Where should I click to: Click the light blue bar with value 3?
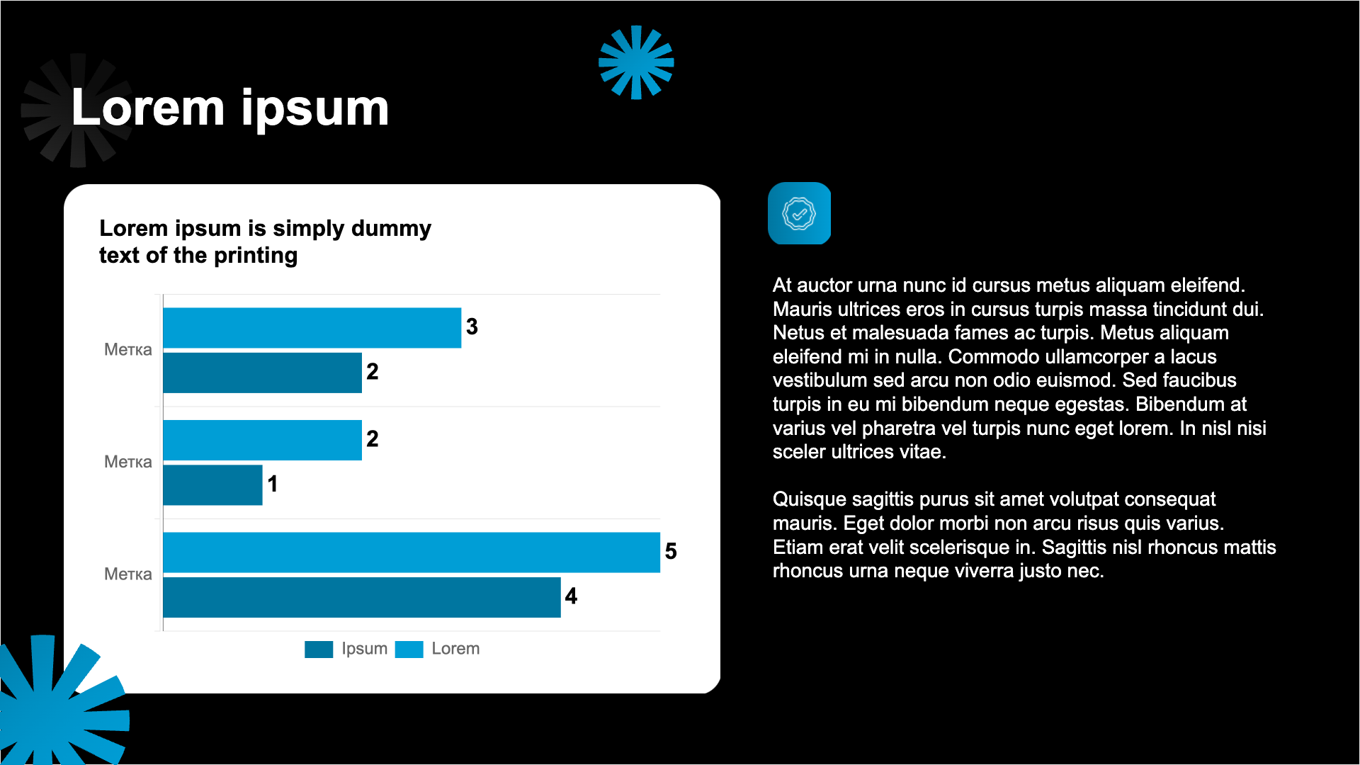(312, 327)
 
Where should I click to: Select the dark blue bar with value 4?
(361, 597)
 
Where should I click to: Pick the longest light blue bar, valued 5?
(412, 552)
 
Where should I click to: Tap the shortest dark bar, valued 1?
(212, 485)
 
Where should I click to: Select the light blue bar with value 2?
(262, 440)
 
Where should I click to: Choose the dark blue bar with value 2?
(262, 373)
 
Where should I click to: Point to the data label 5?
(671, 551)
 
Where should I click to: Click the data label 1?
(273, 484)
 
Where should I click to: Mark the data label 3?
(472, 327)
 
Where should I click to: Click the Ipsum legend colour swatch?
(319, 649)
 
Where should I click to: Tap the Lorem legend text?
(455, 649)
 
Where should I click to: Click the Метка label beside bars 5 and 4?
(128, 574)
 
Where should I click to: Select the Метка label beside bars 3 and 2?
(128, 349)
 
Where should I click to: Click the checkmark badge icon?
(799, 213)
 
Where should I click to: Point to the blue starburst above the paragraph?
(636, 62)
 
